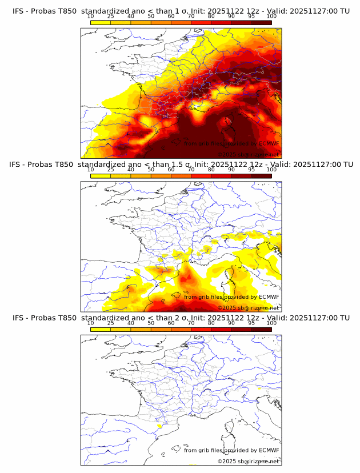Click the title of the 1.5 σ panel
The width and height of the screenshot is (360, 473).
(x=179, y=164)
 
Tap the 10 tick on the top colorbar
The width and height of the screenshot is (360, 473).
(x=90, y=16)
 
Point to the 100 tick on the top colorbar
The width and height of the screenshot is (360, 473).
(x=271, y=16)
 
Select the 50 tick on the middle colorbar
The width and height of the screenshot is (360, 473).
(x=151, y=170)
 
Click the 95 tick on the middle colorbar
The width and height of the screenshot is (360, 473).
(x=251, y=170)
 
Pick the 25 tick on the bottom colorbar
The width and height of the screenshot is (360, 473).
(x=110, y=323)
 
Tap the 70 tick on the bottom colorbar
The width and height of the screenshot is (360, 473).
(x=191, y=323)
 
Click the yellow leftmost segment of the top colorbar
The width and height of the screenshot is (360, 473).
(x=100, y=22)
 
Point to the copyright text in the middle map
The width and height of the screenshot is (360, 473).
(x=248, y=307)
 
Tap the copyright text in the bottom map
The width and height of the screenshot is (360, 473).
(x=248, y=461)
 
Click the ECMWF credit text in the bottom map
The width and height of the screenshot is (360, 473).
(x=231, y=450)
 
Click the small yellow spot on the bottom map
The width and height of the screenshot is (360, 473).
(x=159, y=426)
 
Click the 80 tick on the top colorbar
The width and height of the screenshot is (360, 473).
(x=211, y=16)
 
